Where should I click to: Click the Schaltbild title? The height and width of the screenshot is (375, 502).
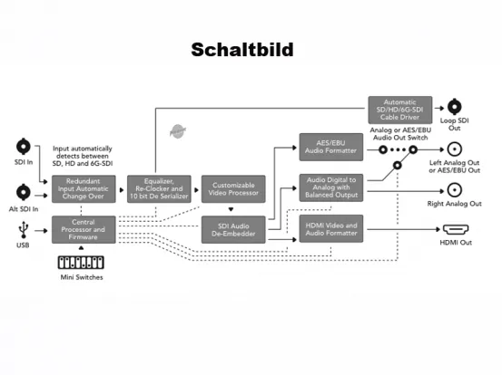click(x=242, y=50)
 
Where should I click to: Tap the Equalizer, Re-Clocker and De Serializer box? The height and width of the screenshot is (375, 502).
click(x=158, y=187)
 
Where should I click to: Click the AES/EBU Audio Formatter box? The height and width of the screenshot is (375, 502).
click(x=330, y=148)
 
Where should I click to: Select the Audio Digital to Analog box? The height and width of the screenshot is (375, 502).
click(x=330, y=187)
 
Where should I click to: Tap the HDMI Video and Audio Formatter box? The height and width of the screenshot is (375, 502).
click(x=330, y=228)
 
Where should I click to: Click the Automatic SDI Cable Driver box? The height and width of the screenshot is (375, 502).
click(x=399, y=110)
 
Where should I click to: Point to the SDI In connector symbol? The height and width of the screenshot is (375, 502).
click(x=24, y=146)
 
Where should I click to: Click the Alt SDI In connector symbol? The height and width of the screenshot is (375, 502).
click(x=24, y=191)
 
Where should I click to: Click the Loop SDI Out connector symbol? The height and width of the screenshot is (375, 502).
click(x=455, y=106)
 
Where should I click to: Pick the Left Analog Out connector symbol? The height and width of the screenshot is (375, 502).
click(x=455, y=149)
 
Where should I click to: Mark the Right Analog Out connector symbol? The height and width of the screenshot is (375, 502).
click(x=455, y=190)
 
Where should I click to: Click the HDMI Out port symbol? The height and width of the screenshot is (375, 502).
click(x=455, y=230)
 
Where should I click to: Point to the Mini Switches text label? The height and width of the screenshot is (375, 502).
click(x=81, y=277)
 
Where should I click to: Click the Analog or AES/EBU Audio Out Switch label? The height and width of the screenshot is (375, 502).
click(x=400, y=132)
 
